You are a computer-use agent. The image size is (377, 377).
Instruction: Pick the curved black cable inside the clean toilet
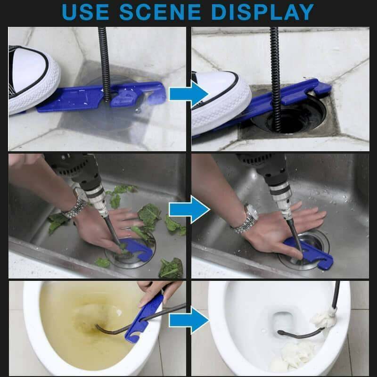(x=297, y=334)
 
